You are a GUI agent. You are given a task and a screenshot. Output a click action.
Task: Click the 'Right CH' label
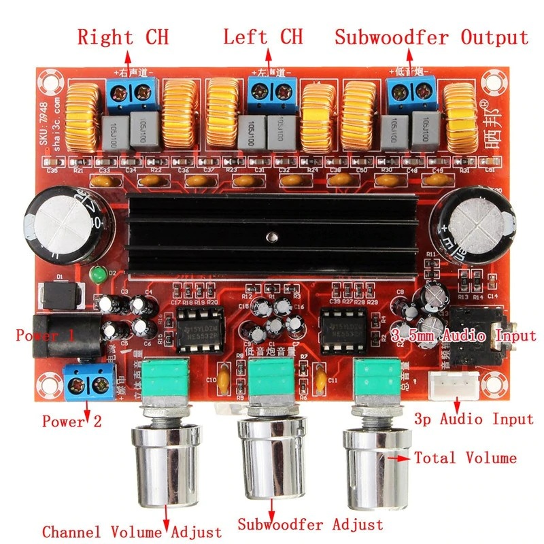(x=122, y=36)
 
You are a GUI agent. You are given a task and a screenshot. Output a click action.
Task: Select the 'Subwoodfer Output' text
(x=430, y=36)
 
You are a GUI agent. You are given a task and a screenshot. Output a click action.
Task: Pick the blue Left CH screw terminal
(x=272, y=93)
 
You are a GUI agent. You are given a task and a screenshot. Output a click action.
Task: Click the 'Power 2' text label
(x=71, y=421)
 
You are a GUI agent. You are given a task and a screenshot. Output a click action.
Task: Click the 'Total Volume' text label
(x=465, y=458)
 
